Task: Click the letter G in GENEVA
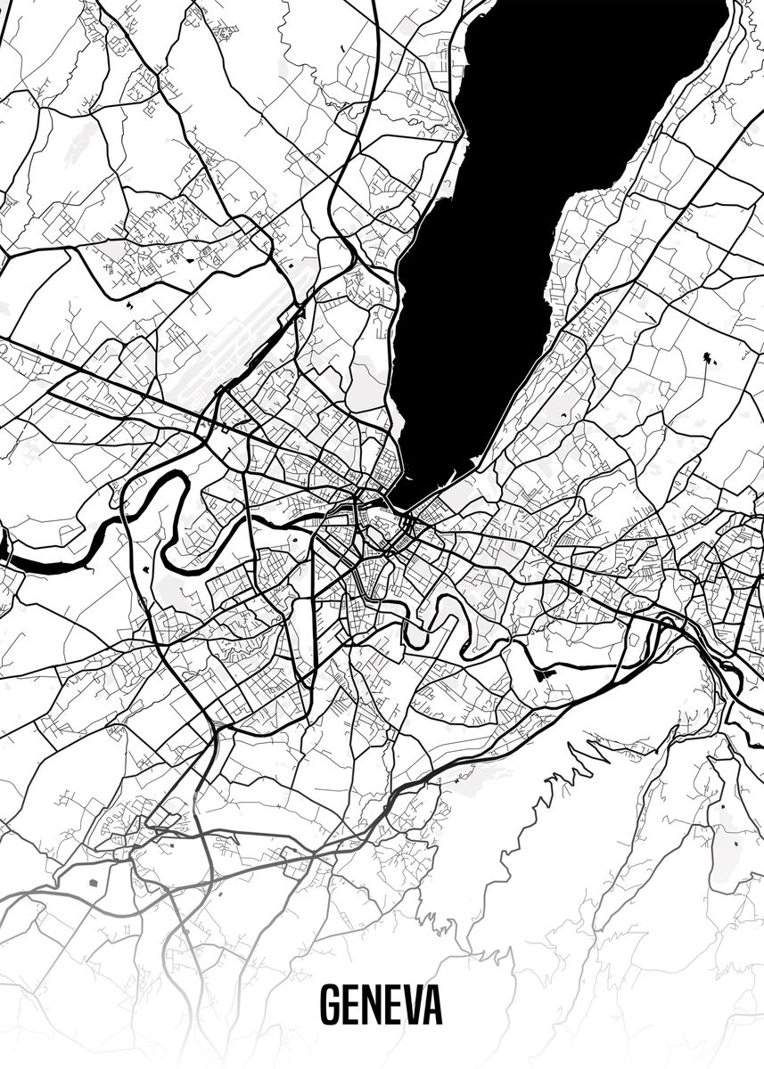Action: pyautogui.click(x=331, y=1007)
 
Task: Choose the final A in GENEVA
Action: pyautogui.click(x=433, y=1007)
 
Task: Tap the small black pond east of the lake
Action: pyautogui.click(x=709, y=359)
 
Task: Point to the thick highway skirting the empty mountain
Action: pyautogui.click(x=499, y=730)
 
